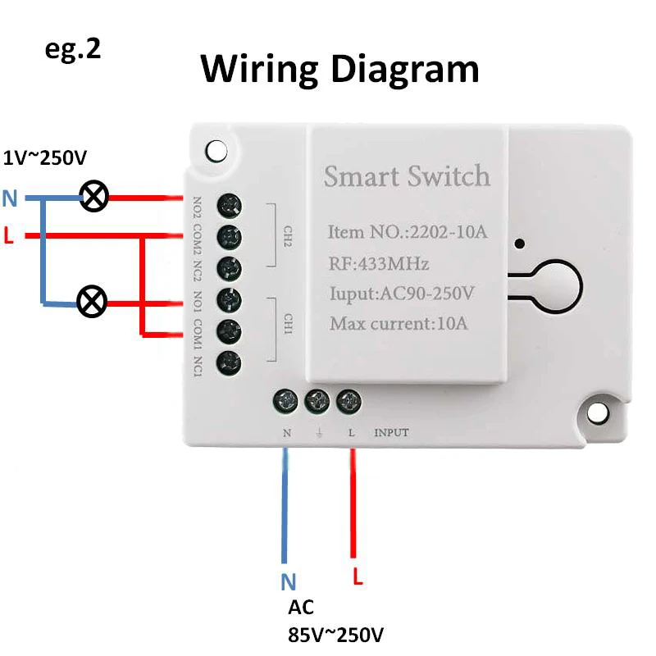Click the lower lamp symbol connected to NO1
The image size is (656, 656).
pos(91,302)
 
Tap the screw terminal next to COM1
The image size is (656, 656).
pos(230,330)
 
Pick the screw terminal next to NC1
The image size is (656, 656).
pos(230,361)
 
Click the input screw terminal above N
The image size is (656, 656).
pos(286,401)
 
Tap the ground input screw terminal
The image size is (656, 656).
pos(317,401)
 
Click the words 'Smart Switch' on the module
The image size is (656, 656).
pos(407,176)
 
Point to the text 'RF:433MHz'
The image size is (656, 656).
pos(379,264)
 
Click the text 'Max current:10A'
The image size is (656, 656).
pos(399,323)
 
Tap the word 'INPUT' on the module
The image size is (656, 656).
pos(391,432)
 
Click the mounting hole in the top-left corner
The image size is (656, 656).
pos(216,151)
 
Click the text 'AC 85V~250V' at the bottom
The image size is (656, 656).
pos(335,622)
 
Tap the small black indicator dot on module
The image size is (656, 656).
pos(519,244)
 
